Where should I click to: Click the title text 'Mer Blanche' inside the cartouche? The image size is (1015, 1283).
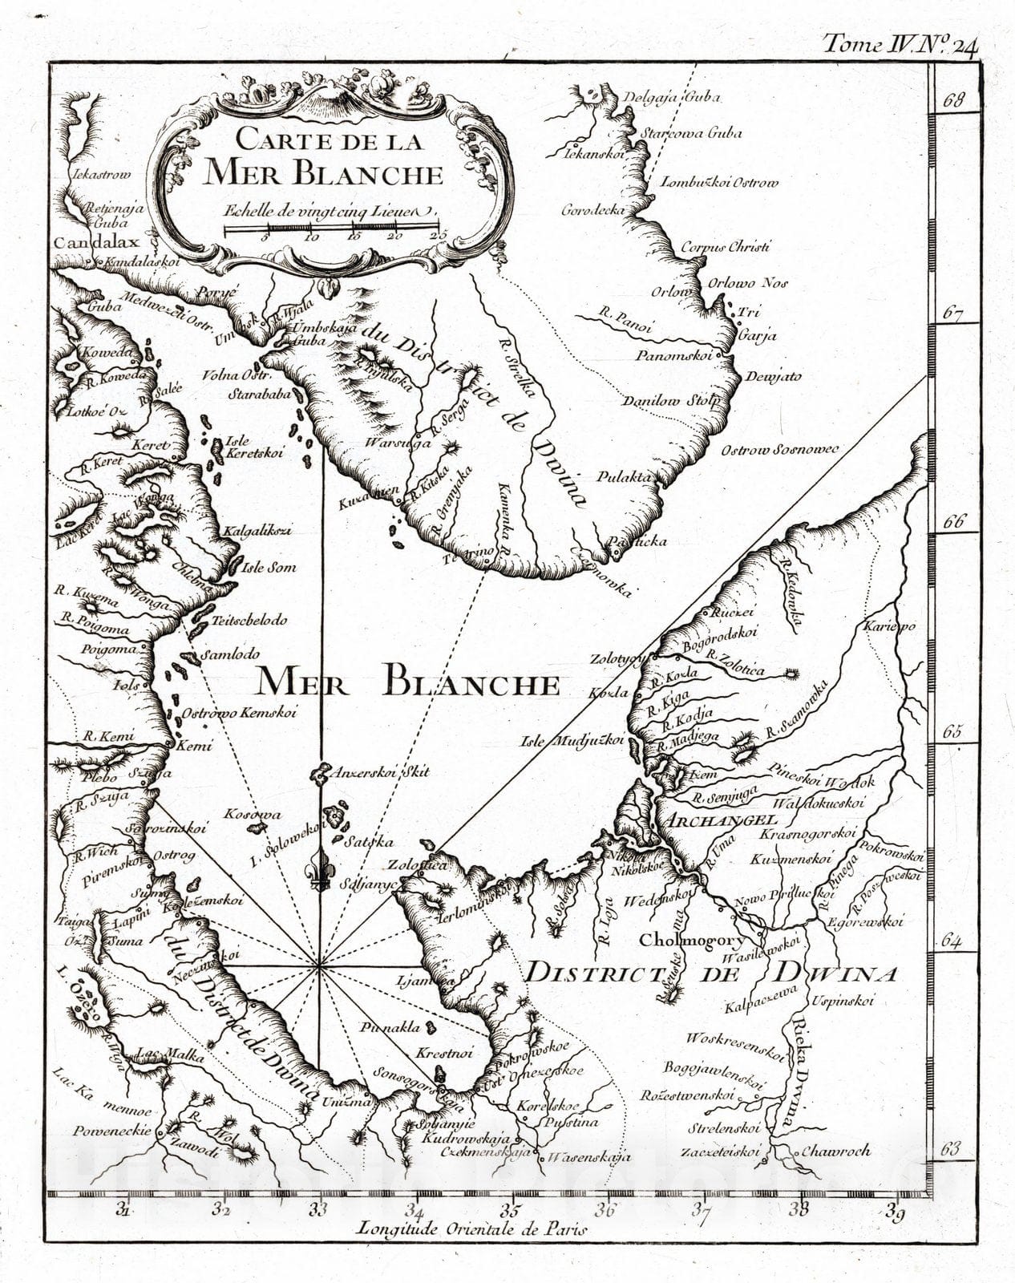tap(323, 172)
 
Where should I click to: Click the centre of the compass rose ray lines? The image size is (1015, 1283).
tap(319, 966)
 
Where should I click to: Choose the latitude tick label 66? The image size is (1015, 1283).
tap(952, 521)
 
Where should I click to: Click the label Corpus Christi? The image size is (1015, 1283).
tap(725, 247)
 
